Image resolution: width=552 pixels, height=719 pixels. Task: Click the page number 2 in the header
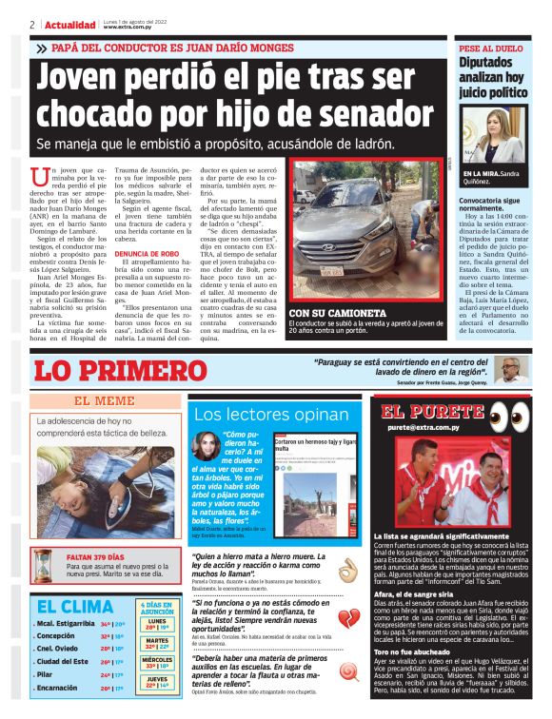[32, 24]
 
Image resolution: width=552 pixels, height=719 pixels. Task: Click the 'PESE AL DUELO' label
[491, 48]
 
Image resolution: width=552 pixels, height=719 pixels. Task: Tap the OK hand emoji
[347, 570]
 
